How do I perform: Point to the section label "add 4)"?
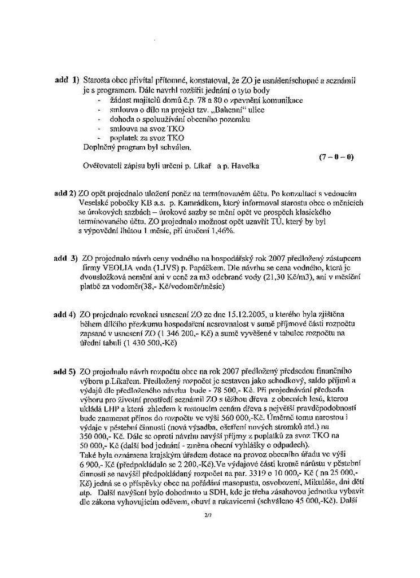65,314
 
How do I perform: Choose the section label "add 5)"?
65,371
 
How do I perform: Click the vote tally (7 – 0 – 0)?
336,156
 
